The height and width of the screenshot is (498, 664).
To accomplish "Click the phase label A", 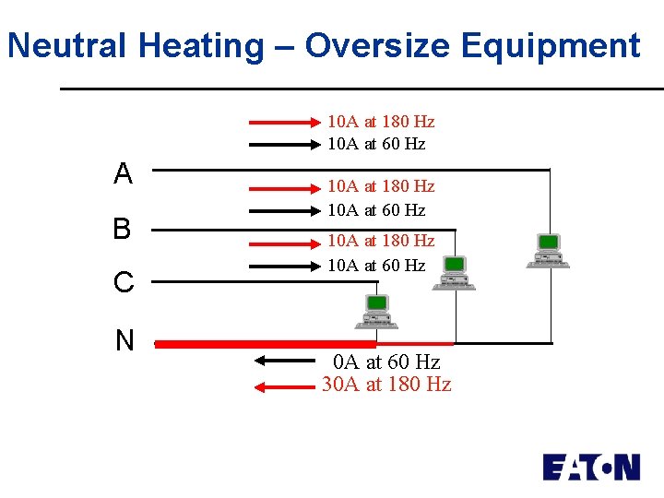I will coord(123,173).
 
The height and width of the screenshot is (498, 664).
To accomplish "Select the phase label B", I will coord(122,229).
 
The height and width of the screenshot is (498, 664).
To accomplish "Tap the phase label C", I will coord(124,282).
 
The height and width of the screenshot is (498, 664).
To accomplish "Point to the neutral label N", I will coord(125,341).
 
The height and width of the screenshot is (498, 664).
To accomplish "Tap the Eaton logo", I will coord(590,467).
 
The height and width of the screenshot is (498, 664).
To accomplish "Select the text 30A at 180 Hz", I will coord(386,385).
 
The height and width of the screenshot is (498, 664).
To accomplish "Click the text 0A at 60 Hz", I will coord(386,362).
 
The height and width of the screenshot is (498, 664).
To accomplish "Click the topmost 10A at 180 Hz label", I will coord(381,122).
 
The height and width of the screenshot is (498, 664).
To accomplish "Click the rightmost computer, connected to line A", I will coord(548,250).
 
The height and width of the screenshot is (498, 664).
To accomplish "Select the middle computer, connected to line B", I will coord(454,273).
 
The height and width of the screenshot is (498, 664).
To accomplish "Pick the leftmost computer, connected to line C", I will coord(376,311).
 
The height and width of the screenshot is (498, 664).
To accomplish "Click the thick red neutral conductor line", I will coord(277,344).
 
